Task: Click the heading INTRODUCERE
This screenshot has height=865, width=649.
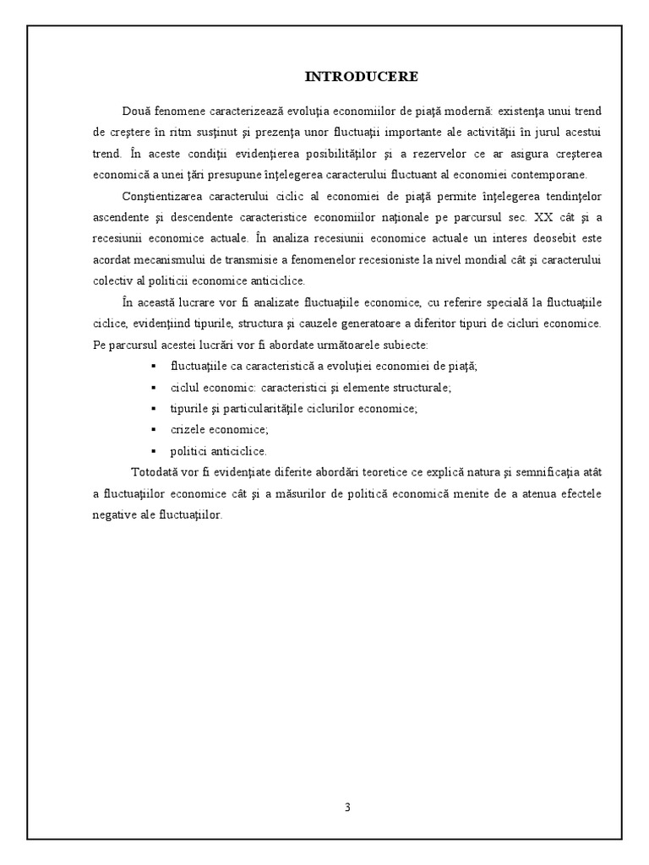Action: click(x=361, y=77)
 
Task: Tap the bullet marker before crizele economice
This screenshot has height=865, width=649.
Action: click(x=153, y=429)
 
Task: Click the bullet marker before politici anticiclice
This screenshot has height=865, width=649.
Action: click(x=153, y=450)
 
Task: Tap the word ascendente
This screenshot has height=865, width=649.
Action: click(x=118, y=218)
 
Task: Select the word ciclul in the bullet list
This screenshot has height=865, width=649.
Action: click(x=184, y=387)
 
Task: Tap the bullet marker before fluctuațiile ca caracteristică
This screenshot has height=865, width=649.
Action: click(x=153, y=366)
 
